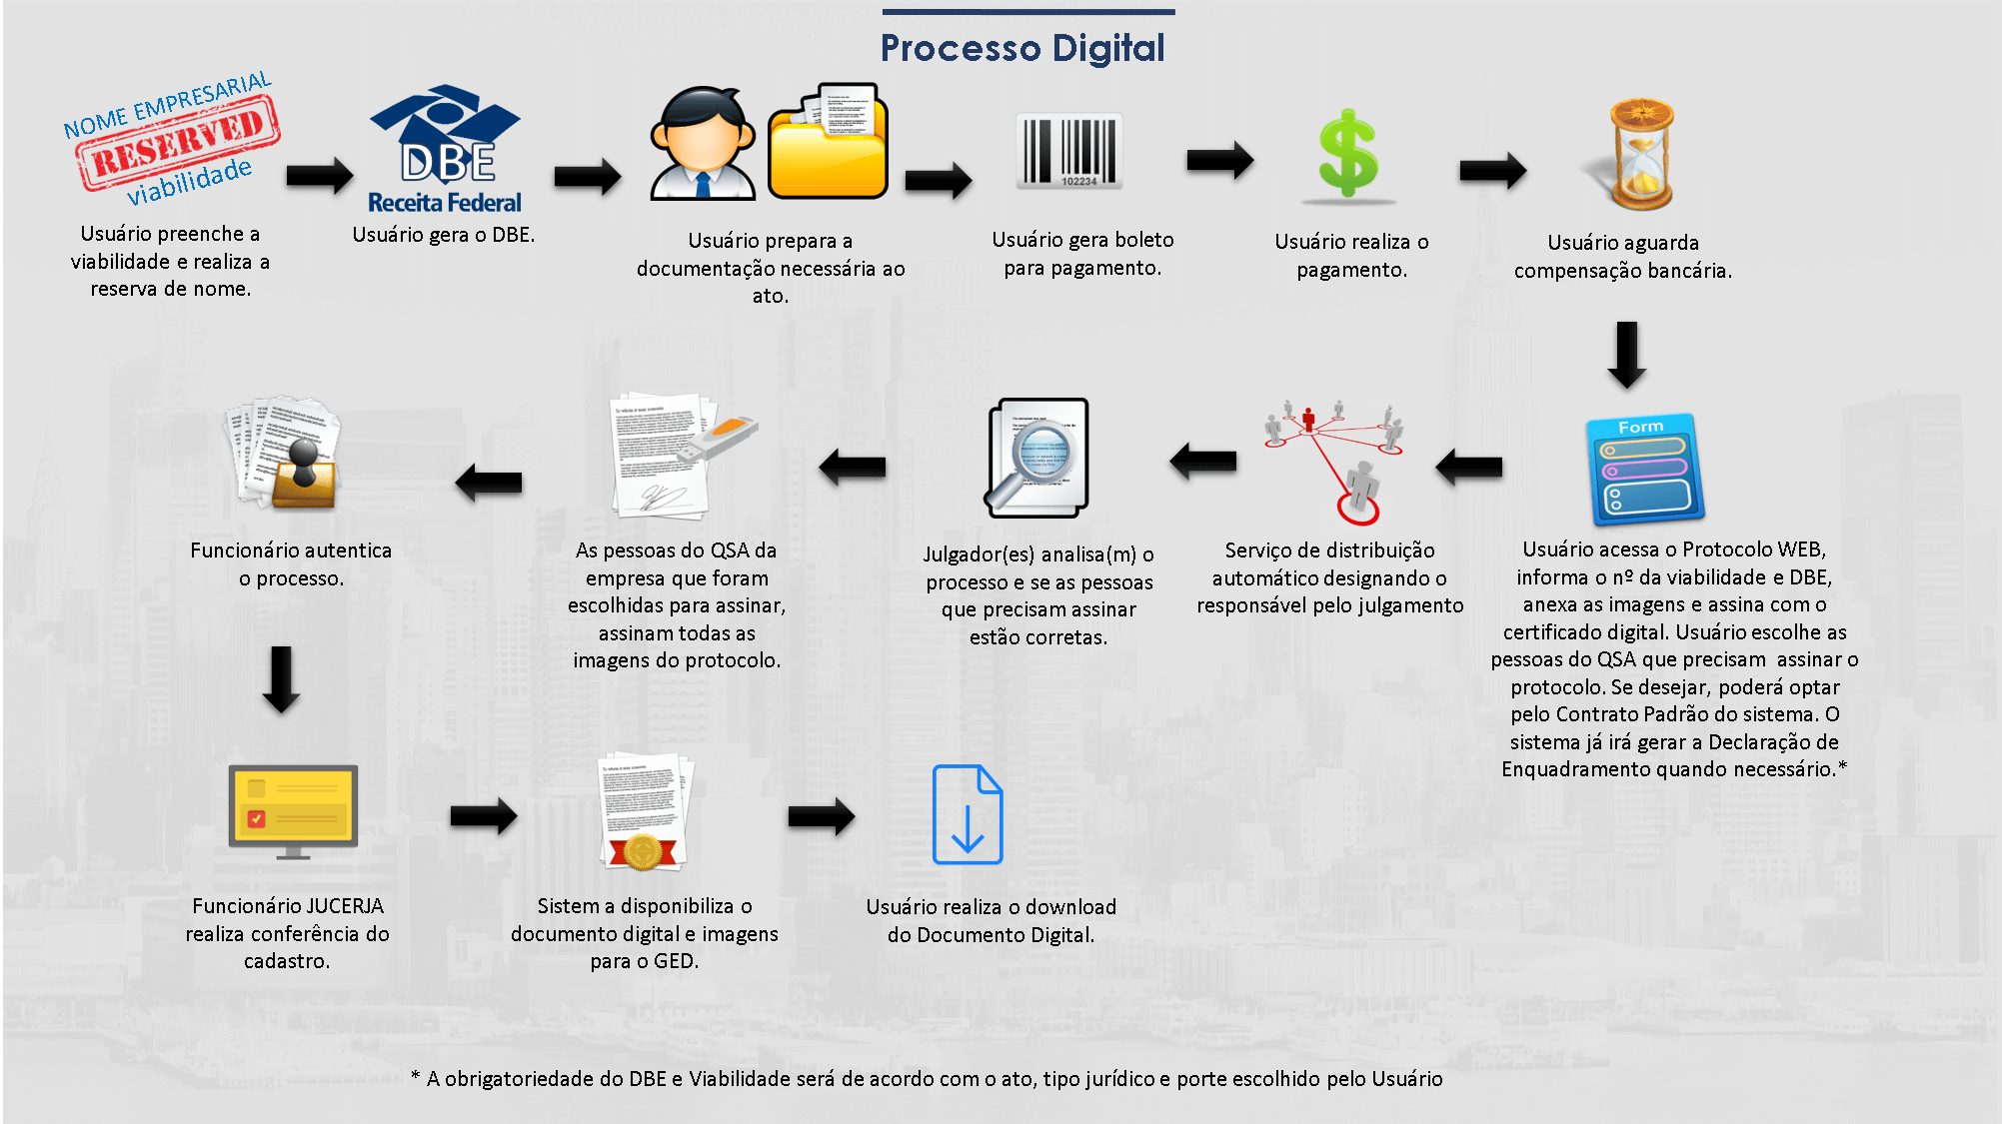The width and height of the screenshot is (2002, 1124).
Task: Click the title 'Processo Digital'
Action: (1022, 48)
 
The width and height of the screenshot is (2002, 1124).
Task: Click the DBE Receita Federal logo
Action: (445, 150)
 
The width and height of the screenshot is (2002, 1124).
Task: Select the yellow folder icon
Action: (829, 145)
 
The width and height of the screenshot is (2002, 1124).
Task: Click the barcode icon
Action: (1069, 151)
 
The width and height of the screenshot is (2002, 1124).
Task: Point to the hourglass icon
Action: (1640, 154)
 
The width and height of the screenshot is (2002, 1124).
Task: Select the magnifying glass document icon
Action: (1037, 458)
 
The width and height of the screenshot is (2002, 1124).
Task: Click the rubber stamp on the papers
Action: (303, 470)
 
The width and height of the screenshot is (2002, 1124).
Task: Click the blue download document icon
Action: (967, 814)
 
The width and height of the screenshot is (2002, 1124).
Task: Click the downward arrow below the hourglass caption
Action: (1626, 355)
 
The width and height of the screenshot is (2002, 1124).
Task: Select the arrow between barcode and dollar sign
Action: (1219, 160)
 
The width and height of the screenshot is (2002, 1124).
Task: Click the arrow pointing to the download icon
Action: (821, 817)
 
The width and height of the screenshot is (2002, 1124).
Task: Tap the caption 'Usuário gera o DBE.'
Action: (443, 235)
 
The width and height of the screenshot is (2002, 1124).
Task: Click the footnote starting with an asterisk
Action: (927, 1079)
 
